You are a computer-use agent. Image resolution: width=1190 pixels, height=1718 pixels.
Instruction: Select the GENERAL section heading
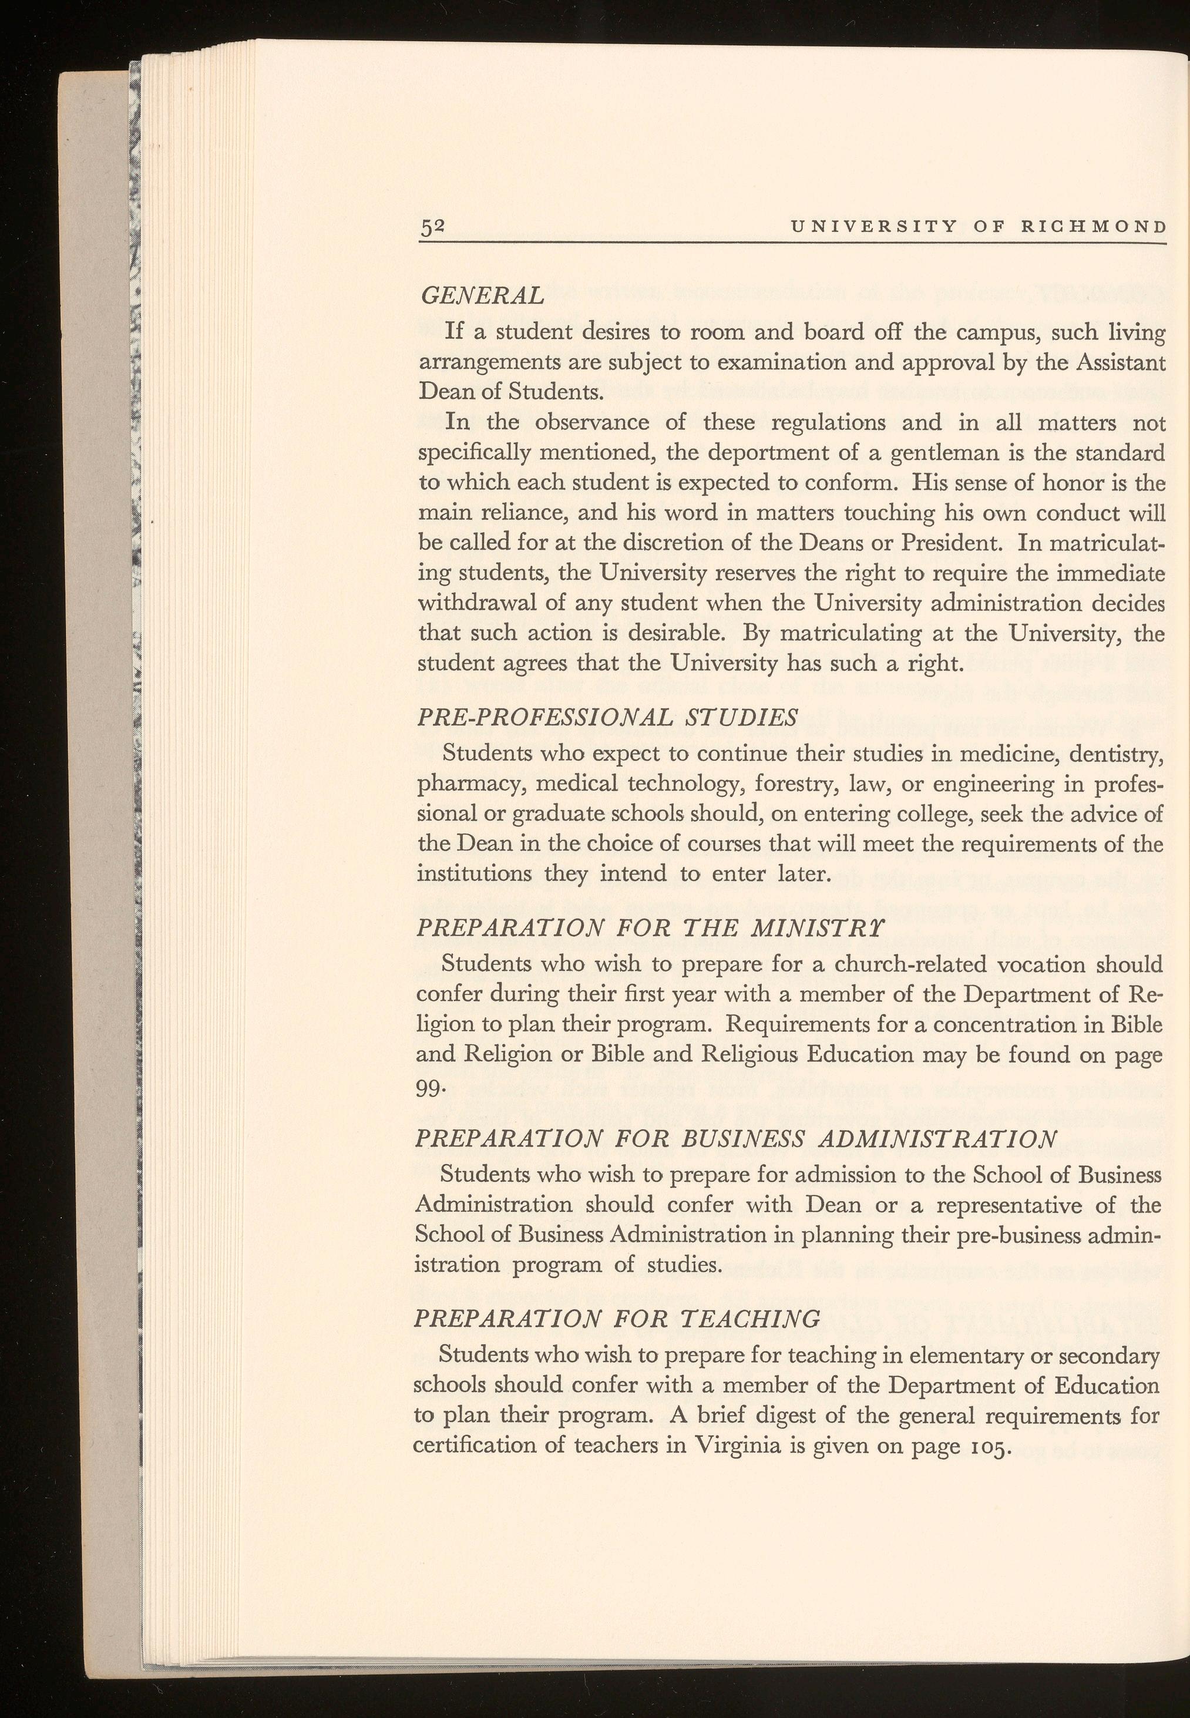482,296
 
